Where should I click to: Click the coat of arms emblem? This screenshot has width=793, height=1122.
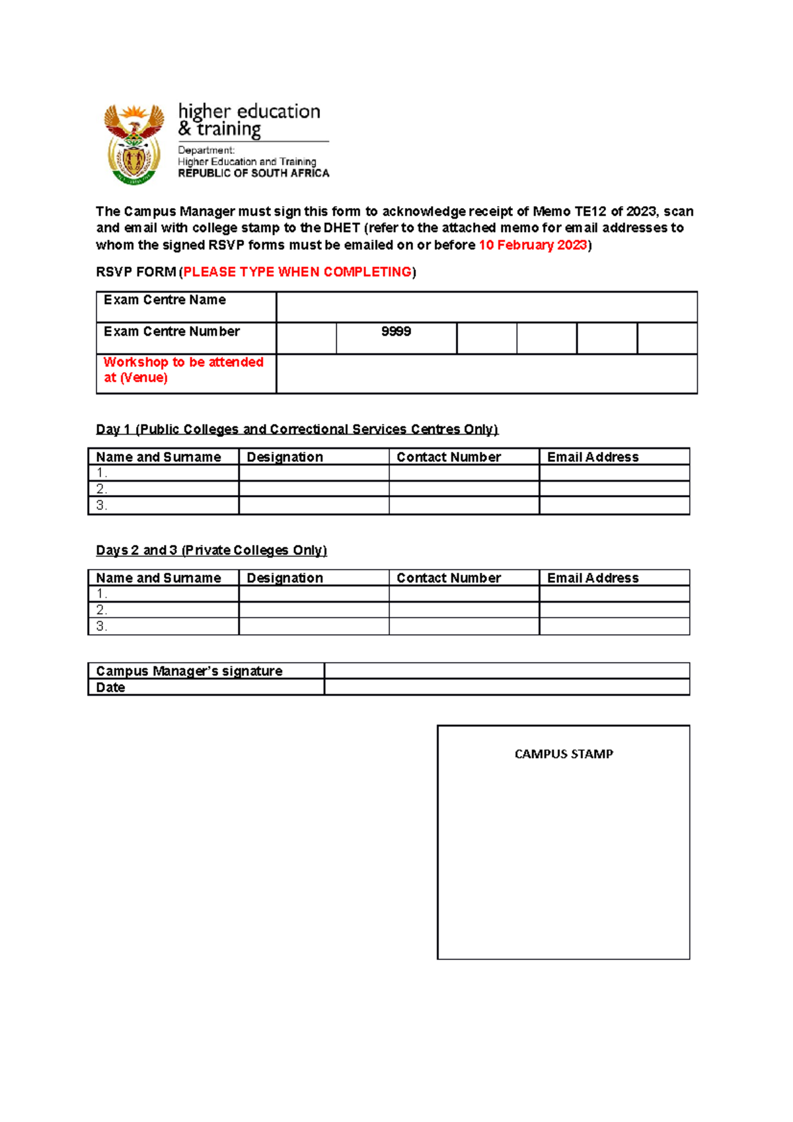pos(134,144)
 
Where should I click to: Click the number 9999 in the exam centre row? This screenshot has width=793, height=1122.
pos(396,332)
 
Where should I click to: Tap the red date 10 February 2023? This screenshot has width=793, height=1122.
pos(533,245)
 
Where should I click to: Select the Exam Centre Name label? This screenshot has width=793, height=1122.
pos(165,300)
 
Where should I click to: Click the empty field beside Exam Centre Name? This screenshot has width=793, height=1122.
pos(486,307)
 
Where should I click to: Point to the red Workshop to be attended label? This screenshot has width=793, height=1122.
pos(183,370)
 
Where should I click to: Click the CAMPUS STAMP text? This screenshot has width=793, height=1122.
pos(564,754)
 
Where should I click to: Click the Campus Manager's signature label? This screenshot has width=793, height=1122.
pos(189,671)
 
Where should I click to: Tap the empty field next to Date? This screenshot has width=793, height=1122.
pos(506,687)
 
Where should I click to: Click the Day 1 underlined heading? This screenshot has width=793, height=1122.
pos(297,430)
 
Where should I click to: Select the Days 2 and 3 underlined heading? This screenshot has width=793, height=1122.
pos(211,550)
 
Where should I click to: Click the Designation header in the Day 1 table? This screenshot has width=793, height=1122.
pos(285,457)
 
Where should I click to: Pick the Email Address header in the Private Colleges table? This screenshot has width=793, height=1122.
pos(593,578)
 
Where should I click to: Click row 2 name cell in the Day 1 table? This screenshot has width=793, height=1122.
pos(163,489)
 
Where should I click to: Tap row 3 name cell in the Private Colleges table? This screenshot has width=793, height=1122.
pos(163,626)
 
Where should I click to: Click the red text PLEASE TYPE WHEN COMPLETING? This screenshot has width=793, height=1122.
pos(297,272)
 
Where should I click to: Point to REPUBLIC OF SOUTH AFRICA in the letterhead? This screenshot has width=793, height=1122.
pos(253,173)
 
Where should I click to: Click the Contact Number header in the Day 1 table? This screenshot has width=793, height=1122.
pos(449,457)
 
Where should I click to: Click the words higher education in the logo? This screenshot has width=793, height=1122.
pos(249,112)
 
